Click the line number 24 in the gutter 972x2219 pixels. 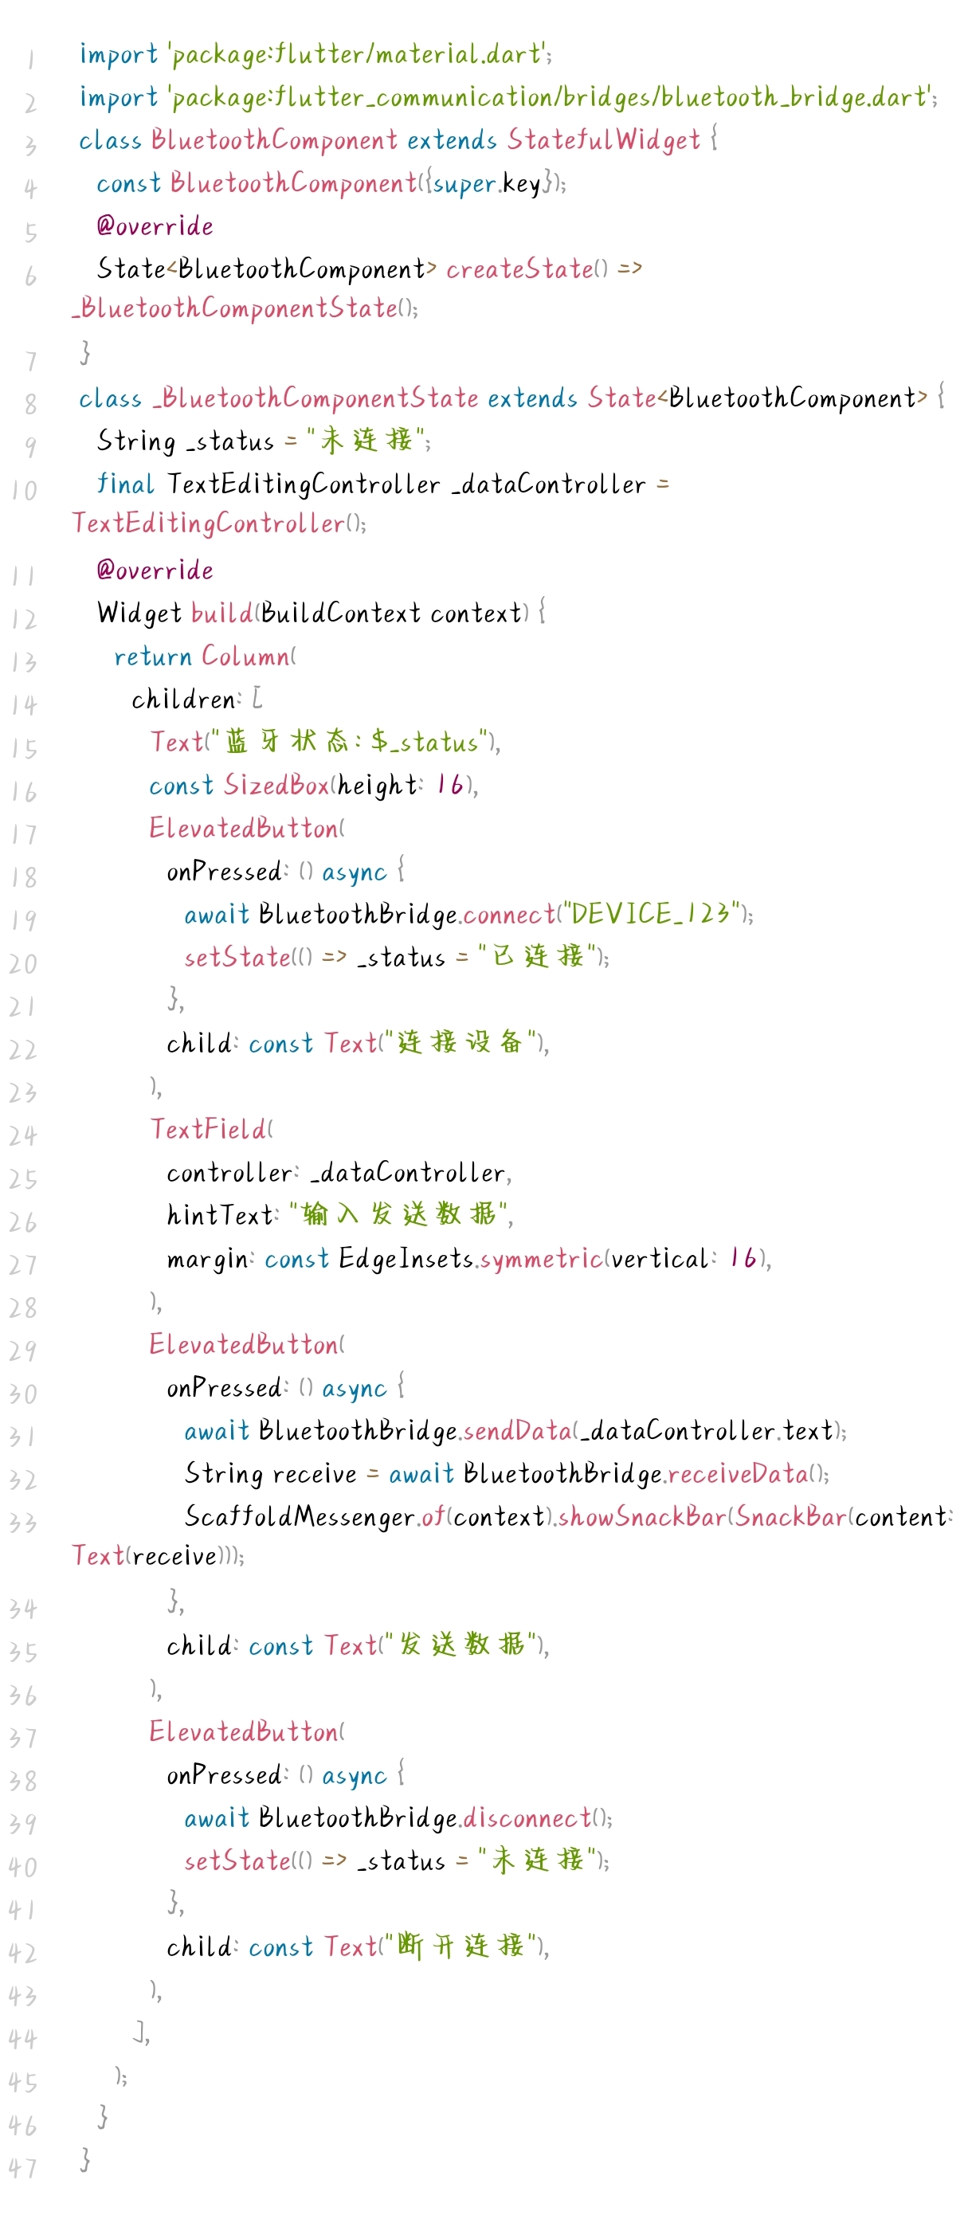pyautogui.click(x=23, y=1136)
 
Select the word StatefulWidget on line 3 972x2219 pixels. pyautogui.click(x=603, y=139)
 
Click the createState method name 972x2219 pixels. pyautogui.click(x=519, y=269)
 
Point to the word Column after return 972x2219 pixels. pyautogui.click(x=245, y=657)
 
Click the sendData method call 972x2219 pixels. pyautogui.click(x=518, y=1431)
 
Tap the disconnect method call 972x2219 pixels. pyautogui.click(x=527, y=1817)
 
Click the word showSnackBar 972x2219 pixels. pyautogui.click(x=643, y=1517)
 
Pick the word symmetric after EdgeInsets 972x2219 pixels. pyautogui.click(x=541, y=1260)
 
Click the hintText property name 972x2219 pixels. pyautogui.click(x=220, y=1215)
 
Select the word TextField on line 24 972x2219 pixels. pyautogui.click(x=209, y=1129)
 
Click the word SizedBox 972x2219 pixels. pyautogui.click(x=276, y=785)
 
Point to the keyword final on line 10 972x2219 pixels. pyautogui.click(x=125, y=484)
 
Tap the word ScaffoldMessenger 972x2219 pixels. pyautogui.click(x=299, y=1517)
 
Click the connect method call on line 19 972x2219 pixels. pyautogui.click(x=509, y=914)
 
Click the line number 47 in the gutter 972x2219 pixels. pyautogui.click(x=23, y=2168)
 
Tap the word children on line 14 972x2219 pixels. pyautogui.click(x=183, y=700)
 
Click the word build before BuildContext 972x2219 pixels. pyautogui.click(x=221, y=614)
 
